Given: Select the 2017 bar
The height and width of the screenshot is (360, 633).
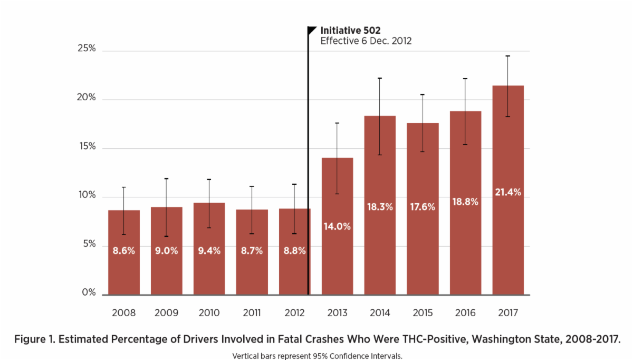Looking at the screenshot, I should click(508, 238).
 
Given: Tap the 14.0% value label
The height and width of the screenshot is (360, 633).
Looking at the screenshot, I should click(337, 226).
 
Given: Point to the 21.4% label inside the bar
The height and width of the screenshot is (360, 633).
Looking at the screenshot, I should click(508, 193).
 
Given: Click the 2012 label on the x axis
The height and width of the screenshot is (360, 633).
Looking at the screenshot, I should click(294, 313).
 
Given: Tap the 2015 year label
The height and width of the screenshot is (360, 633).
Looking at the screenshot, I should click(423, 313).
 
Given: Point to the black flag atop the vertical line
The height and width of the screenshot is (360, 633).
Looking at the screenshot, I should click(312, 30).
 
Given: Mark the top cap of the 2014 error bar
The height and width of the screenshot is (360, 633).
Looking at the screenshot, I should click(380, 78).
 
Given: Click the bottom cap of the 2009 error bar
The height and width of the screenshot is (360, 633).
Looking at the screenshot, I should click(167, 236).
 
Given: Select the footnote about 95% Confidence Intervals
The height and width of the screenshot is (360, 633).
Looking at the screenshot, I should click(317, 355).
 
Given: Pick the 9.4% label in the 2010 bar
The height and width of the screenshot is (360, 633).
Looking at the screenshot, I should click(209, 251).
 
